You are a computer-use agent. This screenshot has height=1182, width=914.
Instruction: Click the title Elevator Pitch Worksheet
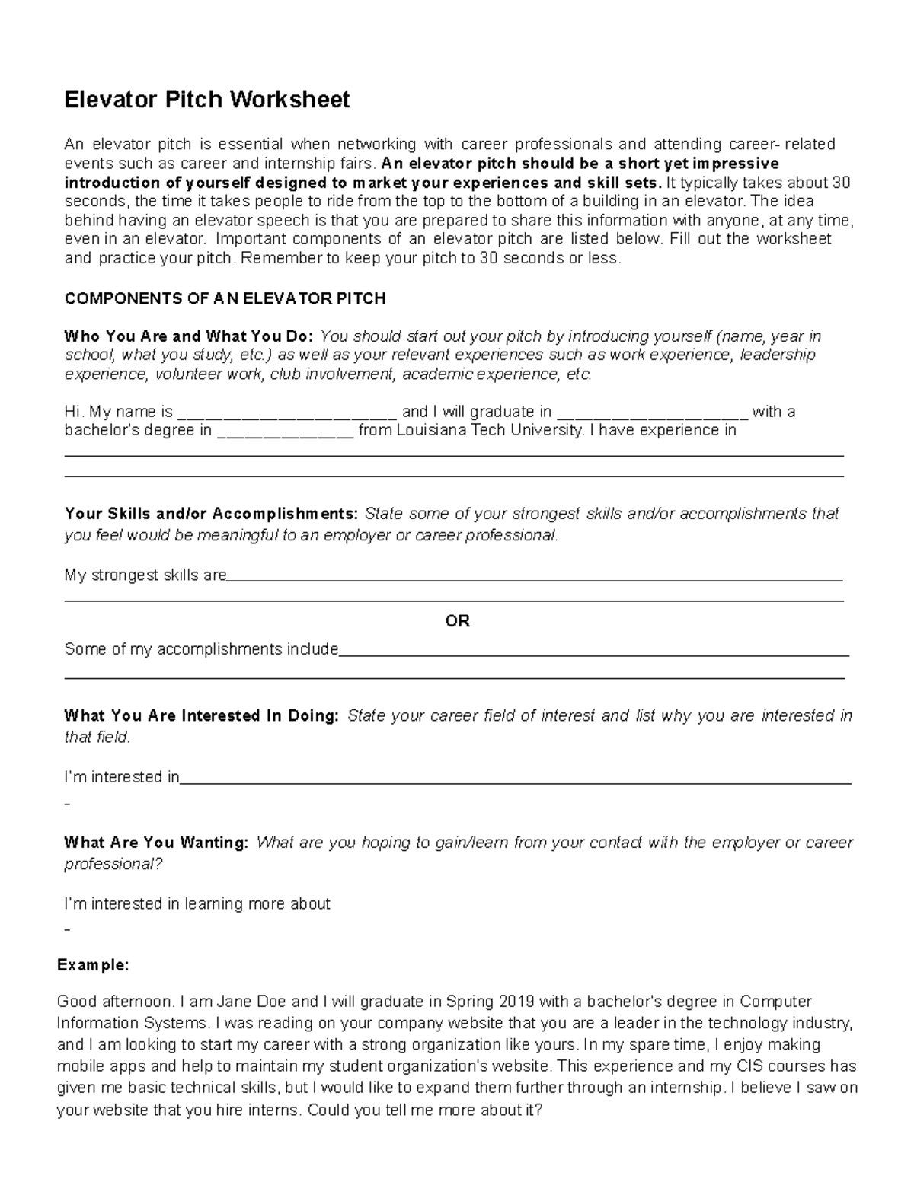click(206, 100)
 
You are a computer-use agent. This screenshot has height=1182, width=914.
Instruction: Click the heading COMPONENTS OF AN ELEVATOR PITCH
click(225, 298)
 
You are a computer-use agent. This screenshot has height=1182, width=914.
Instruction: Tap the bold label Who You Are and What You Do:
click(188, 336)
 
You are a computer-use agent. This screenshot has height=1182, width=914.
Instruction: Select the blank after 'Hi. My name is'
click(287, 415)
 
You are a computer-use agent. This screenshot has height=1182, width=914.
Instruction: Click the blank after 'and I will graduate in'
click(653, 415)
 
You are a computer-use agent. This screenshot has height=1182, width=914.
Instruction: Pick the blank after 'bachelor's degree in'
click(286, 434)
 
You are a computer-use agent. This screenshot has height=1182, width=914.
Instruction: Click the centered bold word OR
click(457, 621)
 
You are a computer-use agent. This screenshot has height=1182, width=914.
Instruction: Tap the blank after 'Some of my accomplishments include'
click(593, 653)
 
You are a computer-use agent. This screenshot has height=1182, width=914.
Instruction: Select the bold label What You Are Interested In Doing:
click(201, 716)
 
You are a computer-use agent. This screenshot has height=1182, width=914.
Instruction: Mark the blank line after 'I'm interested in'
click(516, 782)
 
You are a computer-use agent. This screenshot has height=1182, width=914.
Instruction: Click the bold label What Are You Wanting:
click(156, 843)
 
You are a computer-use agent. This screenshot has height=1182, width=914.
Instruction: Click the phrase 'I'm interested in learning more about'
click(197, 904)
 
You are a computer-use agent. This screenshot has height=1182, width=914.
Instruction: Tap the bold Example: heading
click(93, 965)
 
